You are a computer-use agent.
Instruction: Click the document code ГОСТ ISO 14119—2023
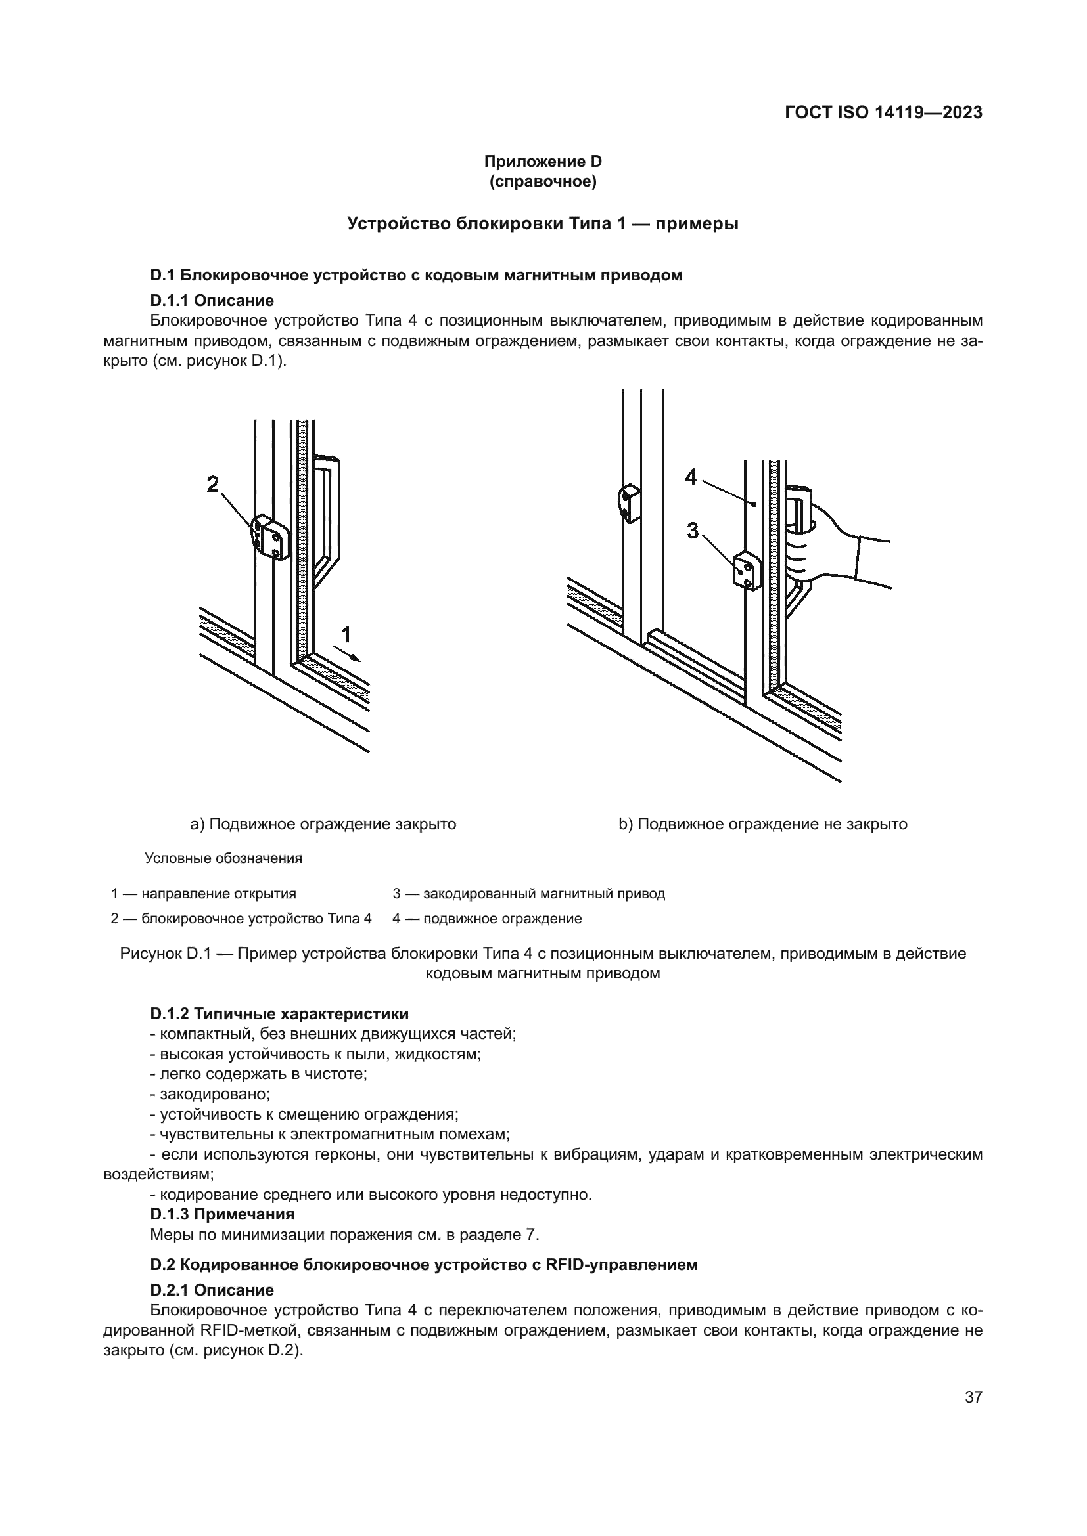pos(883,112)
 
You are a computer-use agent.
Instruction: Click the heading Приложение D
pos(543,162)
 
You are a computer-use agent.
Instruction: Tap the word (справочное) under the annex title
pos(543,181)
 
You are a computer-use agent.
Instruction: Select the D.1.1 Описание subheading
pos(212,300)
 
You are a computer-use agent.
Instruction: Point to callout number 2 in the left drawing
pos(213,484)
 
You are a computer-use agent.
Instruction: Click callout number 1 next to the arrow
pos(346,634)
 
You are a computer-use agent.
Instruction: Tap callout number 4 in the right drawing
pos(691,477)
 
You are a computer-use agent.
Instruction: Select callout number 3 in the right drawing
pos(693,531)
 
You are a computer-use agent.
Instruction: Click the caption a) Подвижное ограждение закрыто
pos(323,824)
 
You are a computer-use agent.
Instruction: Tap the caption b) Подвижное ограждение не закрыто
pos(762,824)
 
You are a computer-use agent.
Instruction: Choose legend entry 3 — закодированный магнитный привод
pos(528,894)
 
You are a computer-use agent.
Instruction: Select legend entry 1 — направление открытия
pos(204,894)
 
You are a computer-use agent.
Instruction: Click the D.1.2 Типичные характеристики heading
pos(279,1013)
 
